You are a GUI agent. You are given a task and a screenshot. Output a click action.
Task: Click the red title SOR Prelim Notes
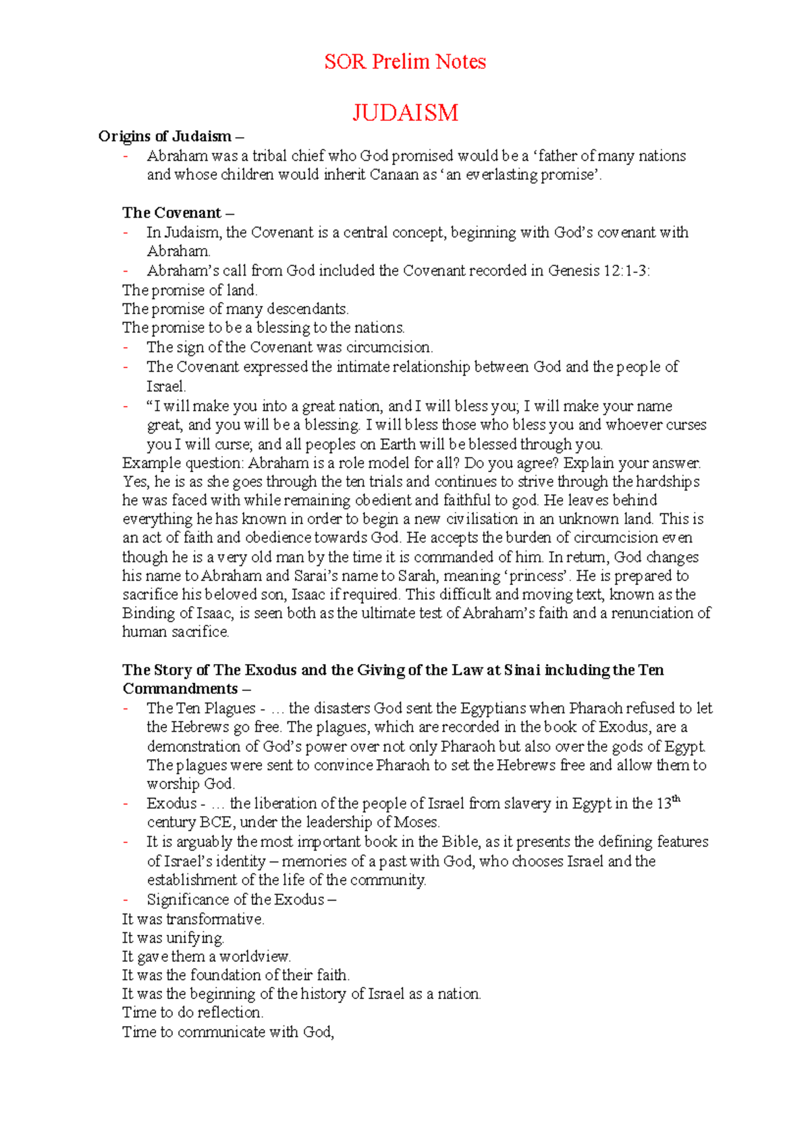(404, 62)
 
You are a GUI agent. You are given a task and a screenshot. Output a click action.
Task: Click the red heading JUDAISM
(405, 112)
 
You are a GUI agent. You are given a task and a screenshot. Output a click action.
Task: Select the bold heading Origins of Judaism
(165, 136)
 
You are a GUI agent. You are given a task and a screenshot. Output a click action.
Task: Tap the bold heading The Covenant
(172, 213)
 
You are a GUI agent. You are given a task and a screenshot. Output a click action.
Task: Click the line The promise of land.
(190, 290)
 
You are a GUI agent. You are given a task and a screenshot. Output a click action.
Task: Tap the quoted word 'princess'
(538, 576)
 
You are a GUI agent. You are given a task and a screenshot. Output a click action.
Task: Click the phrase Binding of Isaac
(177, 613)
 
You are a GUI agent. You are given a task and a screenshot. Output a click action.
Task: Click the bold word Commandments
(180, 689)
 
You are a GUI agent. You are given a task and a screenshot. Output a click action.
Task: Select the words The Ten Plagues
(200, 709)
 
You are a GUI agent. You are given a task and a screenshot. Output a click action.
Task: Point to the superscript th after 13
(676, 799)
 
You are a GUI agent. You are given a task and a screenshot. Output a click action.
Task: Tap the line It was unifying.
(173, 938)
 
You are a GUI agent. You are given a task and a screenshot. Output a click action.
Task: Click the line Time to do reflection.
(192, 1013)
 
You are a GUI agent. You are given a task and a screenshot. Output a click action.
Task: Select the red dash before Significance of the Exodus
(126, 900)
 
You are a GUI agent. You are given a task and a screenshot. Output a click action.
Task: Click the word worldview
(254, 957)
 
